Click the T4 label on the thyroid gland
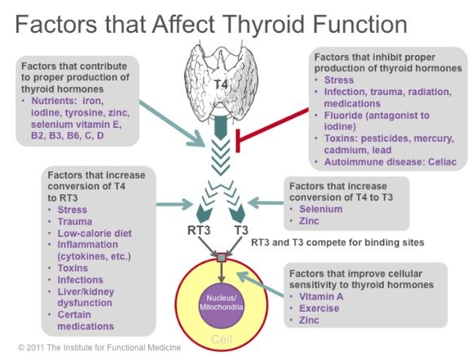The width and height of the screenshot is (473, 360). click(x=221, y=84)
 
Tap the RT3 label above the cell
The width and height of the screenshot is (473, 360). click(x=199, y=230)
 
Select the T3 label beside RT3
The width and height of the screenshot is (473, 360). click(x=241, y=230)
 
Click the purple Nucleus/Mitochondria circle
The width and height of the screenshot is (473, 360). click(x=221, y=306)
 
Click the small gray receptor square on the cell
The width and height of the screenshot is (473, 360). click(x=221, y=257)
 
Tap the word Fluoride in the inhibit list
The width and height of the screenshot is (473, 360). click(x=343, y=116)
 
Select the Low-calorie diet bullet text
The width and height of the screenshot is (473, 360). click(x=95, y=233)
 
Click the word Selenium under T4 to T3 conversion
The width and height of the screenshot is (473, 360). click(x=321, y=209)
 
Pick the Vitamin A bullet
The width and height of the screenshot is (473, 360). click(x=321, y=296)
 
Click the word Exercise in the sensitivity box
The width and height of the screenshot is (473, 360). click(x=319, y=308)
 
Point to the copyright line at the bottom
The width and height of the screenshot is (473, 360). click(x=99, y=348)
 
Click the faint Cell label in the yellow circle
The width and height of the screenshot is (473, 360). click(x=221, y=339)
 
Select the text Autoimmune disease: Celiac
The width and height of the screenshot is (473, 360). click(x=390, y=162)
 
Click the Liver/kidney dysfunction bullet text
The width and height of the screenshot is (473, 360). click(x=86, y=297)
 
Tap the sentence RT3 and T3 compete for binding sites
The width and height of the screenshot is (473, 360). click(x=338, y=242)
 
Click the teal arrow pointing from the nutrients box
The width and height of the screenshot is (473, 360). click(x=172, y=123)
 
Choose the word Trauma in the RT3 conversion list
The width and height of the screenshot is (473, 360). click(x=75, y=221)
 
